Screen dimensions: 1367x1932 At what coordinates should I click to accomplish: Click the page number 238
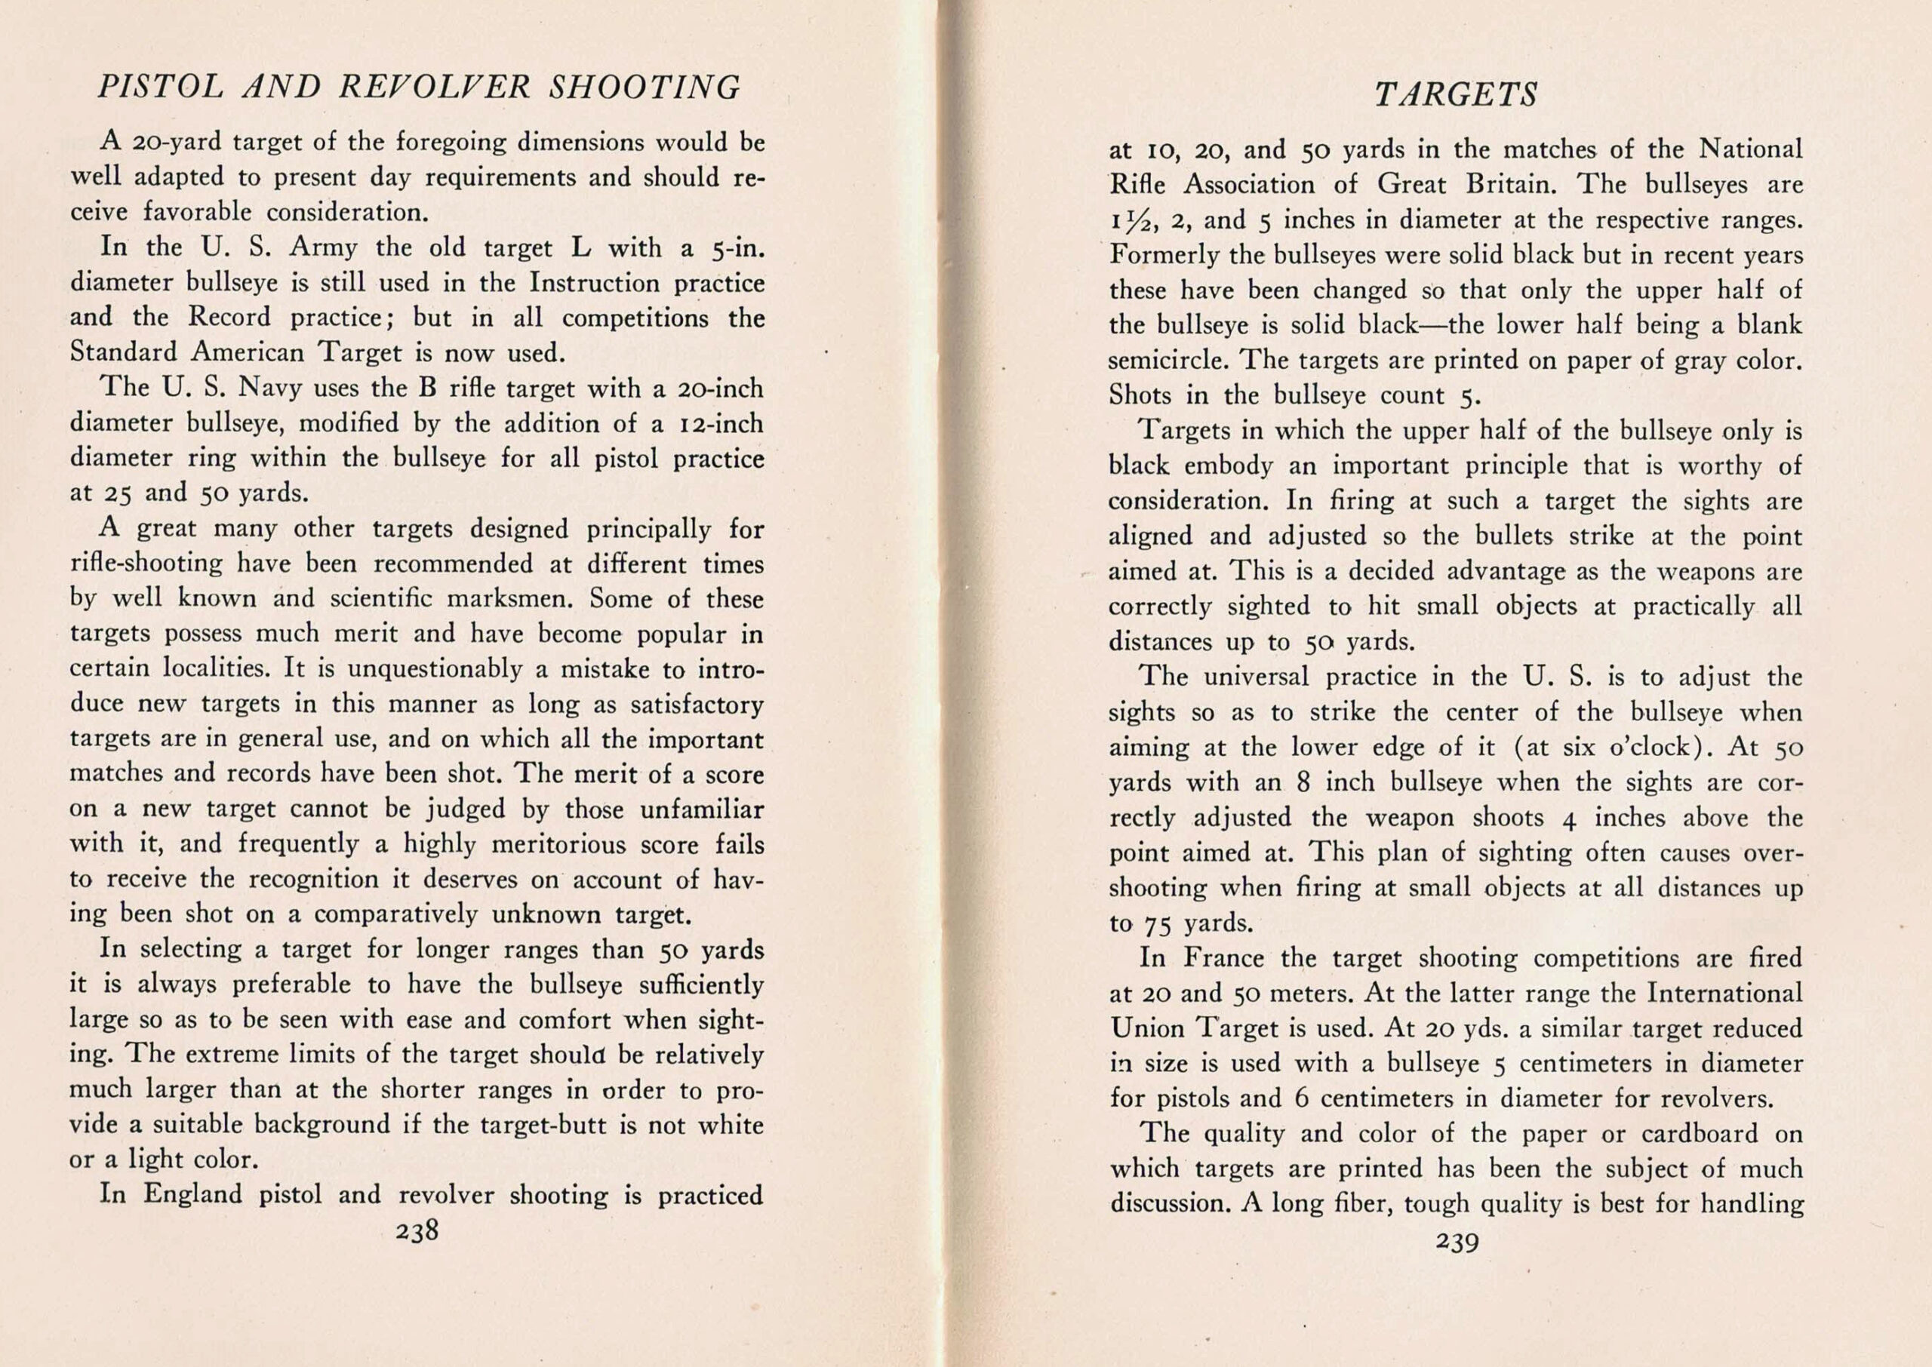417,1231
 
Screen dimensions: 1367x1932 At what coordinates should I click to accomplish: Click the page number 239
1457,1242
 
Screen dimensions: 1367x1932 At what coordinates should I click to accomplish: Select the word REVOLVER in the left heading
435,88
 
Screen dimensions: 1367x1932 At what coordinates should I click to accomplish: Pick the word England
192,1194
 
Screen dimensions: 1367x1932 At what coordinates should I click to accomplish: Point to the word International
1724,994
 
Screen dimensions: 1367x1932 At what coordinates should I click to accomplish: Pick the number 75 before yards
1158,924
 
